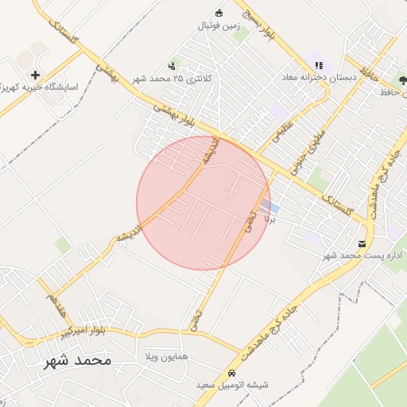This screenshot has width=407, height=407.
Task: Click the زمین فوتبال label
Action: coord(219,25)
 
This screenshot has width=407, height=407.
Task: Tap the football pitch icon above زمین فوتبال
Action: coord(219,12)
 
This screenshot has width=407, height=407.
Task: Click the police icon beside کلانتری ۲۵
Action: coord(172,66)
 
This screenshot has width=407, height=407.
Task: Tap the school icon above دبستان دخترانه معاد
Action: coord(319,65)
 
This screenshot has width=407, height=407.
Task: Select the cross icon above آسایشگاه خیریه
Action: coord(35,74)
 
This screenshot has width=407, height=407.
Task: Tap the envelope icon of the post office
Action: coord(362,243)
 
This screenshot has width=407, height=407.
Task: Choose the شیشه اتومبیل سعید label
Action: coord(233,385)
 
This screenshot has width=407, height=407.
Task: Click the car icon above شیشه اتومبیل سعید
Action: coord(231,373)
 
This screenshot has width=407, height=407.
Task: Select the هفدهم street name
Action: coord(55,303)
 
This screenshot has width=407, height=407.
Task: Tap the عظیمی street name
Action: coord(284,130)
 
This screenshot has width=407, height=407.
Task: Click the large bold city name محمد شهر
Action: coord(77,360)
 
